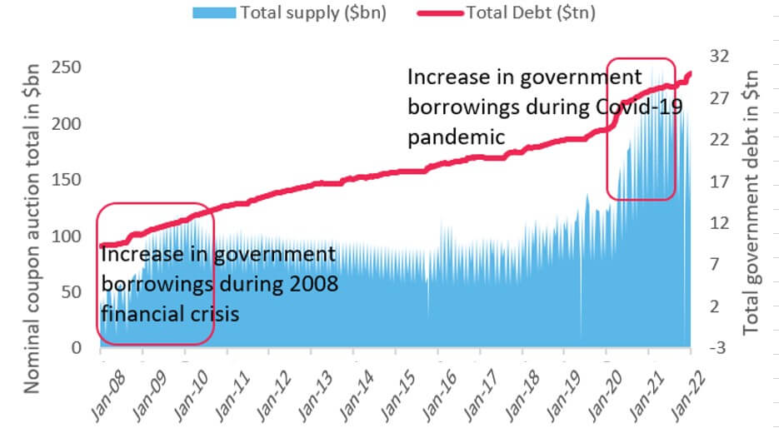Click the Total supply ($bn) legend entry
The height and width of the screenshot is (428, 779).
[x=289, y=12]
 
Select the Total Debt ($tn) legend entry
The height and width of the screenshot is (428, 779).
[x=506, y=12]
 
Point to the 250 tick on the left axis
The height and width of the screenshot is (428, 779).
[x=66, y=67]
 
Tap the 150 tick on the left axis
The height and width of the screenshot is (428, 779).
[x=66, y=179]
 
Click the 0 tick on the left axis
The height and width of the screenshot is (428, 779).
[x=76, y=347]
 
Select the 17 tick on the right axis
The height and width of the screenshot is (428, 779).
[x=719, y=182]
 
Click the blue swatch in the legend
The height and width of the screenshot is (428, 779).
[x=214, y=12]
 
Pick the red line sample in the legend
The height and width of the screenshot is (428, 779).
[x=440, y=13]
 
